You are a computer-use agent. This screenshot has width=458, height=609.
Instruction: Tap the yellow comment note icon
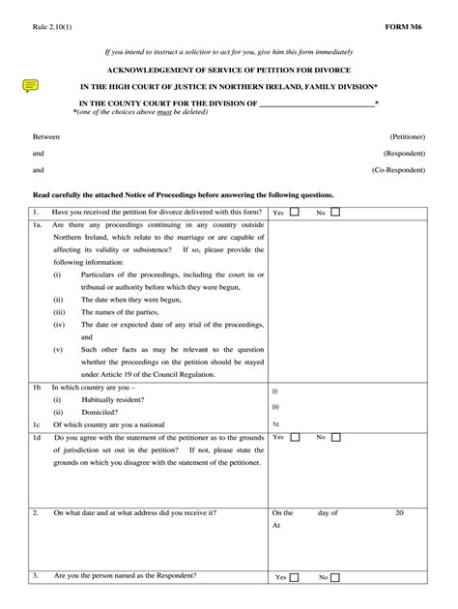point(30,86)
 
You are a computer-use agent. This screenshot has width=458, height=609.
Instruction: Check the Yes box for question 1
point(296,211)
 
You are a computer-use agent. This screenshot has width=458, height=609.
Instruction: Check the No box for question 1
point(336,211)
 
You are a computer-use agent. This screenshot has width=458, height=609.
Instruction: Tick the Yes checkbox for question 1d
point(296,437)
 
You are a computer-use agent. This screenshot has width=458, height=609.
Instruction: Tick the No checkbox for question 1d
point(336,437)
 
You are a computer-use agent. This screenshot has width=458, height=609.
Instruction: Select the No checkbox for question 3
point(336,577)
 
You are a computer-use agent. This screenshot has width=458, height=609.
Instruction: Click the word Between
point(46,137)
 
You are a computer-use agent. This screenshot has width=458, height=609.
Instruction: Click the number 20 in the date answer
point(398,513)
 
